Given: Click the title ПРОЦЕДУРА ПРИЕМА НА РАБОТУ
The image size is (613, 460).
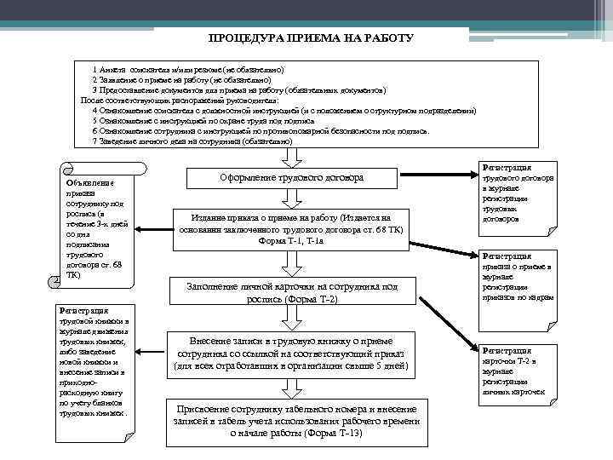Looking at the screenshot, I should pyautogui.click(x=311, y=38).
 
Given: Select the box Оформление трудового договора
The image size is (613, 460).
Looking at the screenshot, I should pyautogui.click(x=292, y=178).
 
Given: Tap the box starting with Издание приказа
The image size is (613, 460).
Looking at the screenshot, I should pyautogui.click(x=292, y=229).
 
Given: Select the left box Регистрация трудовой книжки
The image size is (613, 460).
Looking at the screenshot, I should pyautogui.click(x=93, y=362).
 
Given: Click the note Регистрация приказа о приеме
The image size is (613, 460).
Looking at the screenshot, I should pyautogui.click(x=518, y=277).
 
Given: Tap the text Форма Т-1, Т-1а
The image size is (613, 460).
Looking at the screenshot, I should pyautogui.click(x=291, y=241).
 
